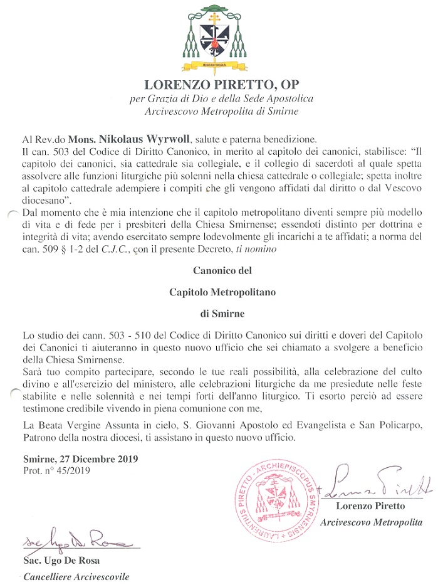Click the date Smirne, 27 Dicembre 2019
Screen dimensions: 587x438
point(80,459)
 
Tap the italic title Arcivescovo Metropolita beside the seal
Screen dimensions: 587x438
point(371,522)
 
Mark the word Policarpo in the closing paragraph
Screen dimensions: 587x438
point(397,426)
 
